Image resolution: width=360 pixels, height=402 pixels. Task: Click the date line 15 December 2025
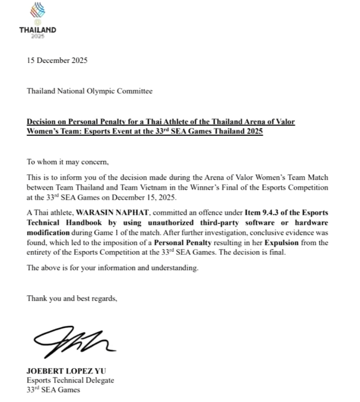57,61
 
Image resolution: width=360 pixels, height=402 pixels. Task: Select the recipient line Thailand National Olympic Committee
90,91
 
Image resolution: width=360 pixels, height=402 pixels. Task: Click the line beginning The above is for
113,268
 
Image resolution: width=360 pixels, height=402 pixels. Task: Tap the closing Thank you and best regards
72,298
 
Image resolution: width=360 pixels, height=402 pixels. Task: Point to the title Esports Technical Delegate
70,380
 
